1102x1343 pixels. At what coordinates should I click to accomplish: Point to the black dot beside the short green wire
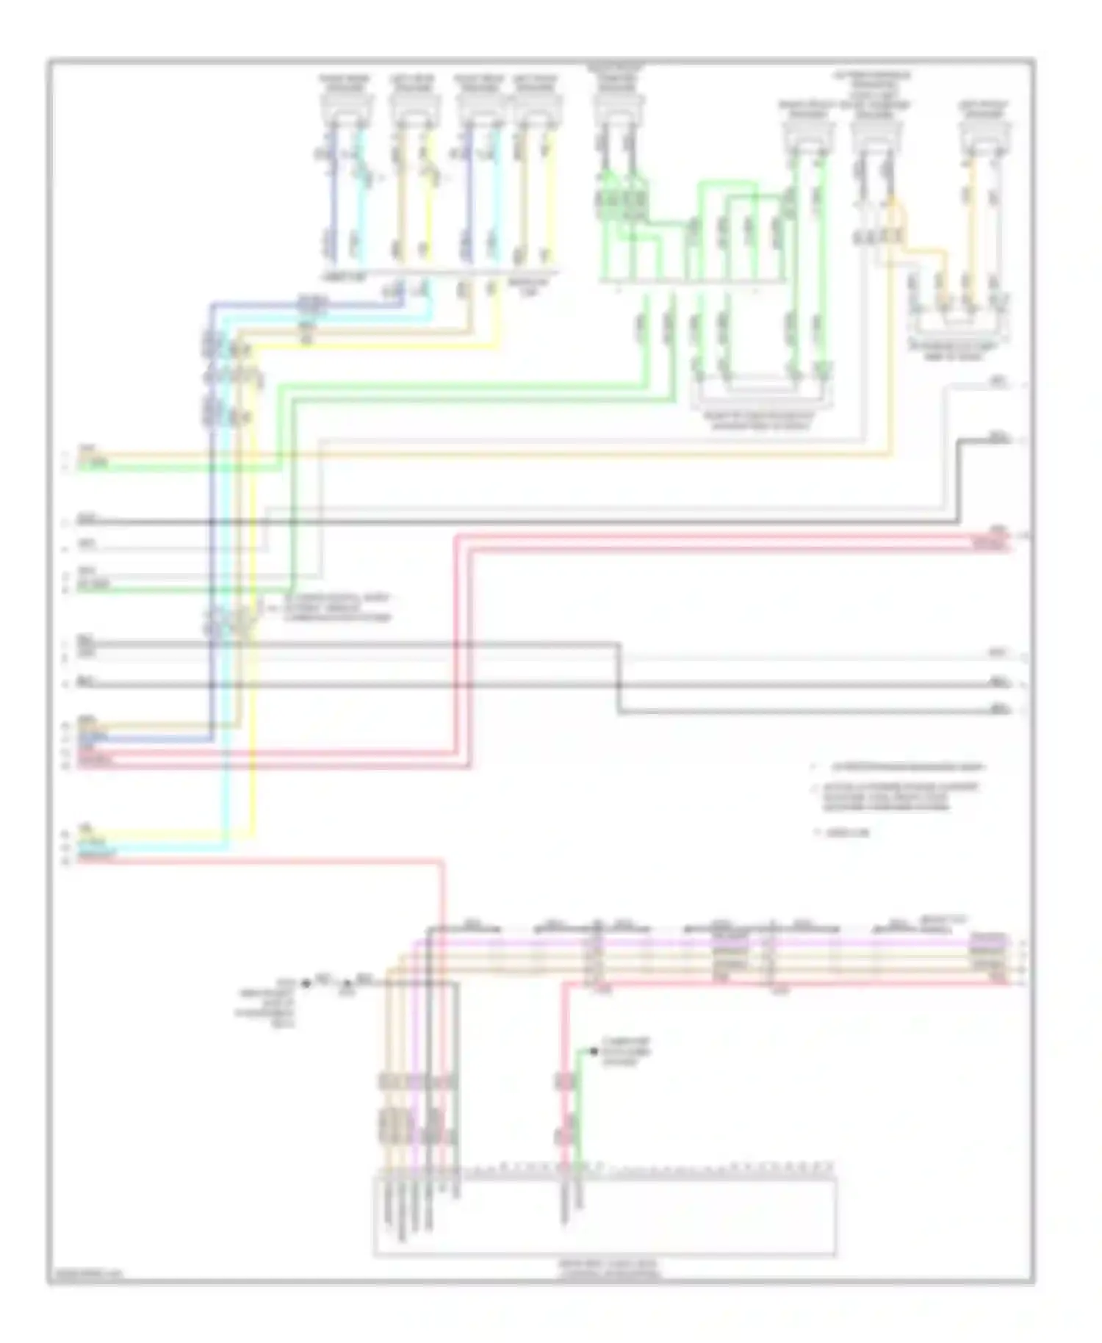click(x=594, y=1051)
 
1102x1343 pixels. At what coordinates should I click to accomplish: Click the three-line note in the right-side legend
click(x=900, y=796)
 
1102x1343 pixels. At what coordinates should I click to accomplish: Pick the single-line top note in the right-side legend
click(x=907, y=767)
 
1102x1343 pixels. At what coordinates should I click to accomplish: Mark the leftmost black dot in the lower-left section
click(x=306, y=983)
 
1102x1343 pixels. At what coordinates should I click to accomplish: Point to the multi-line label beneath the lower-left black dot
click(x=266, y=1003)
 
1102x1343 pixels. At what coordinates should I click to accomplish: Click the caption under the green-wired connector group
click(x=758, y=421)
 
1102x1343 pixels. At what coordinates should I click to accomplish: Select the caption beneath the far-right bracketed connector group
click(x=953, y=350)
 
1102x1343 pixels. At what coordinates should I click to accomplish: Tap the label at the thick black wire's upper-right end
click(x=999, y=437)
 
